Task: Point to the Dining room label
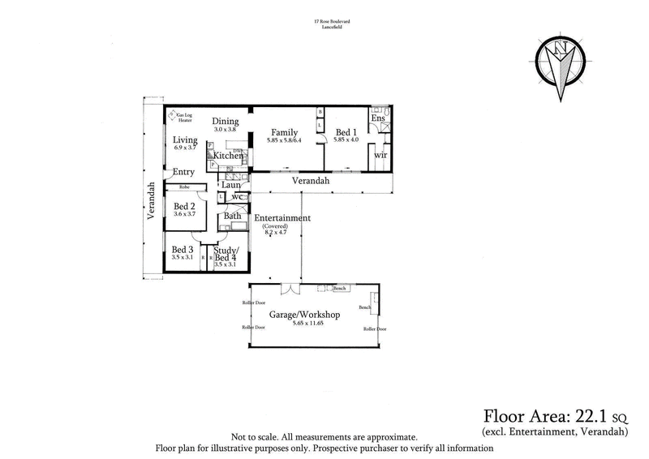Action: click(226, 121)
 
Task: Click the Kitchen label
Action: click(228, 155)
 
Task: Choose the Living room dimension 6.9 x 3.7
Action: click(185, 148)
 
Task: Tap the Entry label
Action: click(183, 172)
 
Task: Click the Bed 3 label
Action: click(182, 249)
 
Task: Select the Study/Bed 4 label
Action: click(226, 253)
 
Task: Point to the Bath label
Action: click(232, 216)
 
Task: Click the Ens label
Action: click(377, 119)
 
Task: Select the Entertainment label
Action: click(282, 217)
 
